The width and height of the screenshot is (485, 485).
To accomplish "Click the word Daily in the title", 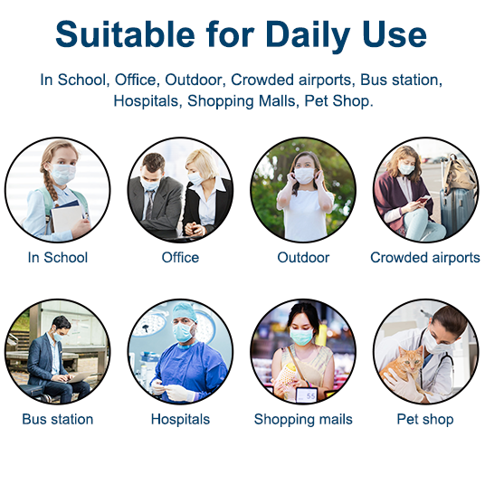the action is (x=308, y=35).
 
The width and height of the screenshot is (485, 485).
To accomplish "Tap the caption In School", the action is (x=58, y=257).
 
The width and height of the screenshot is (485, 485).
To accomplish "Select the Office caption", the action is (x=180, y=257).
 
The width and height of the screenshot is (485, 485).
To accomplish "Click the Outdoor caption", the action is (x=303, y=257).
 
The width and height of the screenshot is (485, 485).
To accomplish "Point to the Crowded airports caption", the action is (x=425, y=257).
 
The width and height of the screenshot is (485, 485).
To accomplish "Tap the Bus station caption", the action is (x=58, y=419).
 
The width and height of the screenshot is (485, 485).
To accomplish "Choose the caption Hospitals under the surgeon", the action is (x=180, y=420).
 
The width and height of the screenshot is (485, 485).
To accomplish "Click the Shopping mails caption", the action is (x=303, y=420).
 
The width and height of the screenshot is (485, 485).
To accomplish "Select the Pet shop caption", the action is (x=425, y=420).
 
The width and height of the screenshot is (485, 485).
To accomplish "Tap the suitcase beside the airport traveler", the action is (x=456, y=210).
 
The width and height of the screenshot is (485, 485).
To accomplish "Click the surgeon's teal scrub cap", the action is (x=185, y=312).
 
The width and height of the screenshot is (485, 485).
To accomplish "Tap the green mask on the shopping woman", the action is (x=301, y=337).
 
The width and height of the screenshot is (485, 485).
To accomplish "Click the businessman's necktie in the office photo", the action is (x=150, y=204).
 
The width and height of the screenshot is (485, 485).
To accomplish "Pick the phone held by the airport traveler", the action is (x=423, y=199).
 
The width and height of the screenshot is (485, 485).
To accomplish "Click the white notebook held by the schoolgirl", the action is (x=66, y=219).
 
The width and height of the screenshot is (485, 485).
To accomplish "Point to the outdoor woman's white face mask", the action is (x=304, y=176).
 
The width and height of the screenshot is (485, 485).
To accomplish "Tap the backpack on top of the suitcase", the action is (x=460, y=173).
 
